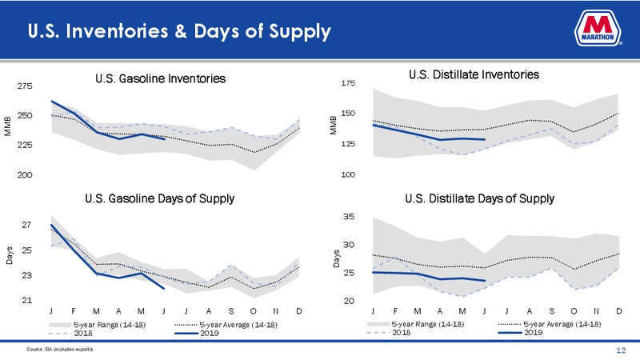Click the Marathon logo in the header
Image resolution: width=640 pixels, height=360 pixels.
(598, 28)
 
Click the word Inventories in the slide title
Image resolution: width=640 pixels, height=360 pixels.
(117, 31)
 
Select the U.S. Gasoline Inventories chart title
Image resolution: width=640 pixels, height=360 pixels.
(161, 78)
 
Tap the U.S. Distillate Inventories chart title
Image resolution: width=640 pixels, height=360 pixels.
(474, 74)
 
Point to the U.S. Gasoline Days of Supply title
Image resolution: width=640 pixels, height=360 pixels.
(159, 198)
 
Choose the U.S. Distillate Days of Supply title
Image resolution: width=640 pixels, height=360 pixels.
(479, 198)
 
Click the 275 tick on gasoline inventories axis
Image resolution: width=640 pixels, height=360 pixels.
(25, 86)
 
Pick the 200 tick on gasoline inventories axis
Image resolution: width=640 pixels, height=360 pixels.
(25, 174)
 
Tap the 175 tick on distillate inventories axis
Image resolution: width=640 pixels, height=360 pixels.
(348, 83)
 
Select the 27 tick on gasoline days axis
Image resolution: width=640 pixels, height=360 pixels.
(26, 225)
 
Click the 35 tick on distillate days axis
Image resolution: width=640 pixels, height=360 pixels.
(349, 217)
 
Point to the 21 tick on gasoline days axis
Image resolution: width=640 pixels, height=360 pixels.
(26, 301)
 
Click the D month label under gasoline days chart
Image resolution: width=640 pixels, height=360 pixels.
(298, 311)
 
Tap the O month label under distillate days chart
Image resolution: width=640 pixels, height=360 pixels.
(574, 311)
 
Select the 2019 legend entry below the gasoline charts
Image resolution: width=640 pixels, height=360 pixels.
(197, 333)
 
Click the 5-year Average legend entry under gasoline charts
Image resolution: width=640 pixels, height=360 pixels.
(226, 325)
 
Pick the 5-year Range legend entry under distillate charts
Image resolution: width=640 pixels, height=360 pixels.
(415, 324)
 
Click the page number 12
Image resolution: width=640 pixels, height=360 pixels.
(621, 350)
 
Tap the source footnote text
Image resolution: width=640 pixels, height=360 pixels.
(59, 350)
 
